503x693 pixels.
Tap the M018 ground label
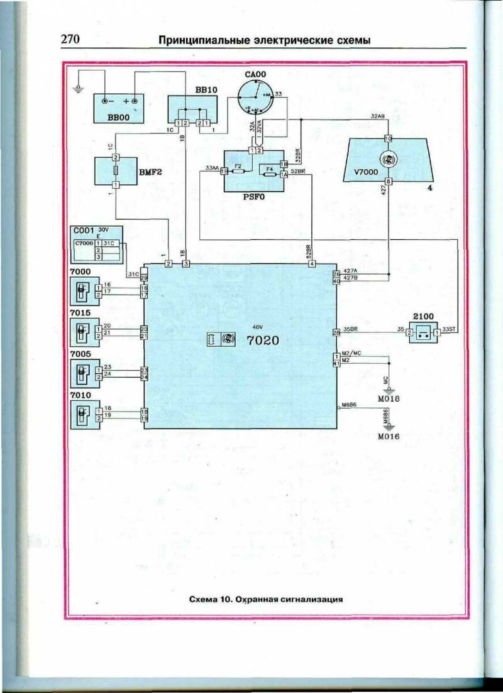pos(389,398)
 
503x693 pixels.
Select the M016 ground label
pos(389,436)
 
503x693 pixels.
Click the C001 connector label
pos(84,230)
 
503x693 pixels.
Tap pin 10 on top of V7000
pos(388,138)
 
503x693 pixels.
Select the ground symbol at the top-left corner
pos(77,89)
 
